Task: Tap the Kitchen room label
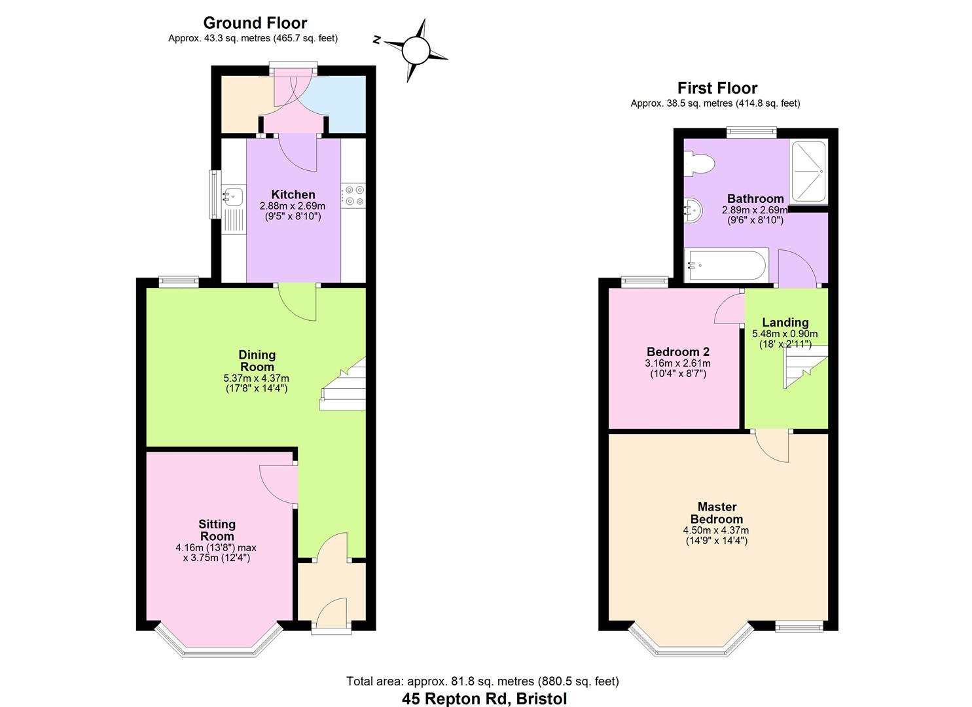coord(293,194)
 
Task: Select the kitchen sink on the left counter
coord(232,194)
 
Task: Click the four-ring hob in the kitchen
coord(354,196)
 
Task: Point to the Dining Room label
coord(257,361)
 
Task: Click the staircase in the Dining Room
coord(343,388)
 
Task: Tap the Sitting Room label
coord(217,530)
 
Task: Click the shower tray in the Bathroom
coord(809,171)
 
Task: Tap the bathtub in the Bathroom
coord(726,265)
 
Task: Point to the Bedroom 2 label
coord(677,352)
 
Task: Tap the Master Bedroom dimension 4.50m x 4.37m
coord(716,530)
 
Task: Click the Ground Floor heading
coord(255,24)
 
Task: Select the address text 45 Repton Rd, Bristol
coord(484,698)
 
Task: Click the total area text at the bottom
coord(482,681)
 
